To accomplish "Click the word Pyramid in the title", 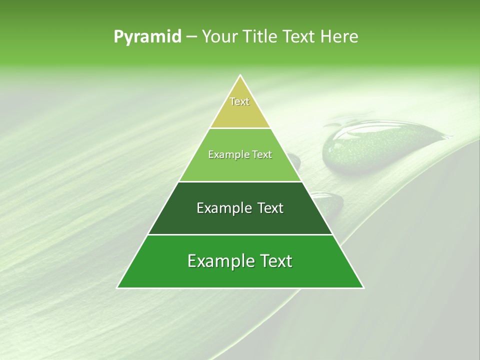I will click(147, 37).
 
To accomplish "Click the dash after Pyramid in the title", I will click(191, 37).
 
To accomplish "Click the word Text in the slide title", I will click(300, 36).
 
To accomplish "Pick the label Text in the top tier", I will click(239, 101).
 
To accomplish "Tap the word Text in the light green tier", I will click(261, 155).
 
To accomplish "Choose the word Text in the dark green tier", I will click(268, 208).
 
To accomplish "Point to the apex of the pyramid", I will click(240, 76).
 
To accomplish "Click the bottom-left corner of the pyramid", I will click(118, 287).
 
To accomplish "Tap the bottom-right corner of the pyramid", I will click(363, 287).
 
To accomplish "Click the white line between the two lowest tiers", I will click(240, 234).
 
